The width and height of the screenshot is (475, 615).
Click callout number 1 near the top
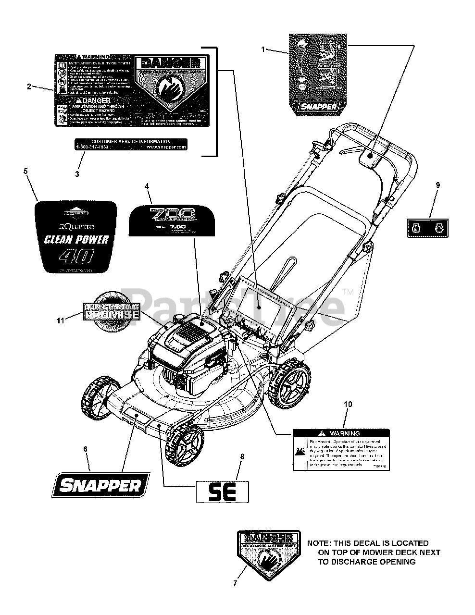click(263, 49)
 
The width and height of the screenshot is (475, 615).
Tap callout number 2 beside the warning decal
click(29, 86)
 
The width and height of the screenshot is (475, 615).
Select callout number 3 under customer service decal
click(77, 174)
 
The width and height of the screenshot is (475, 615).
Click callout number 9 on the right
click(437, 184)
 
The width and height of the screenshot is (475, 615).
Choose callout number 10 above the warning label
click(348, 404)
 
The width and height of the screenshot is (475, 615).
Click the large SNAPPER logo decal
click(100, 485)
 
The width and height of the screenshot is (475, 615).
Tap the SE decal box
click(222, 492)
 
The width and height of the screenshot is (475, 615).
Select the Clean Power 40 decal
click(76, 237)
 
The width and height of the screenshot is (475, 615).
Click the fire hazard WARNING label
click(341, 449)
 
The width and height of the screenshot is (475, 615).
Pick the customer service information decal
click(130, 145)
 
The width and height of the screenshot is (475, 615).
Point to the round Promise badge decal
click(112, 311)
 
